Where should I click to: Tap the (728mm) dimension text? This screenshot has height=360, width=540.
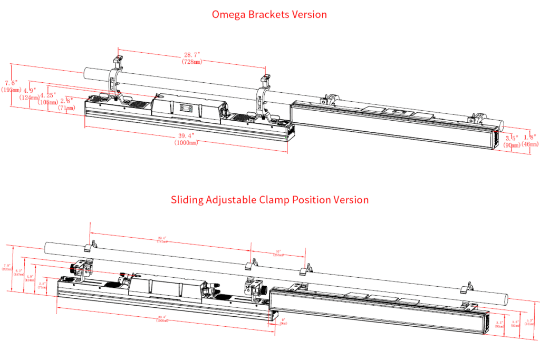click(x=191, y=62)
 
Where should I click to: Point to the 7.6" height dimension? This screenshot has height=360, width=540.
click(x=11, y=83)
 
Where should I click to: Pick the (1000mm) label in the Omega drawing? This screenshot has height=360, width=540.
click(x=186, y=142)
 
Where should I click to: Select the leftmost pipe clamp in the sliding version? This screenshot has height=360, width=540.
click(x=91, y=246)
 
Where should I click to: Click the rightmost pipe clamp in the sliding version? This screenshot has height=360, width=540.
click(x=468, y=287)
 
